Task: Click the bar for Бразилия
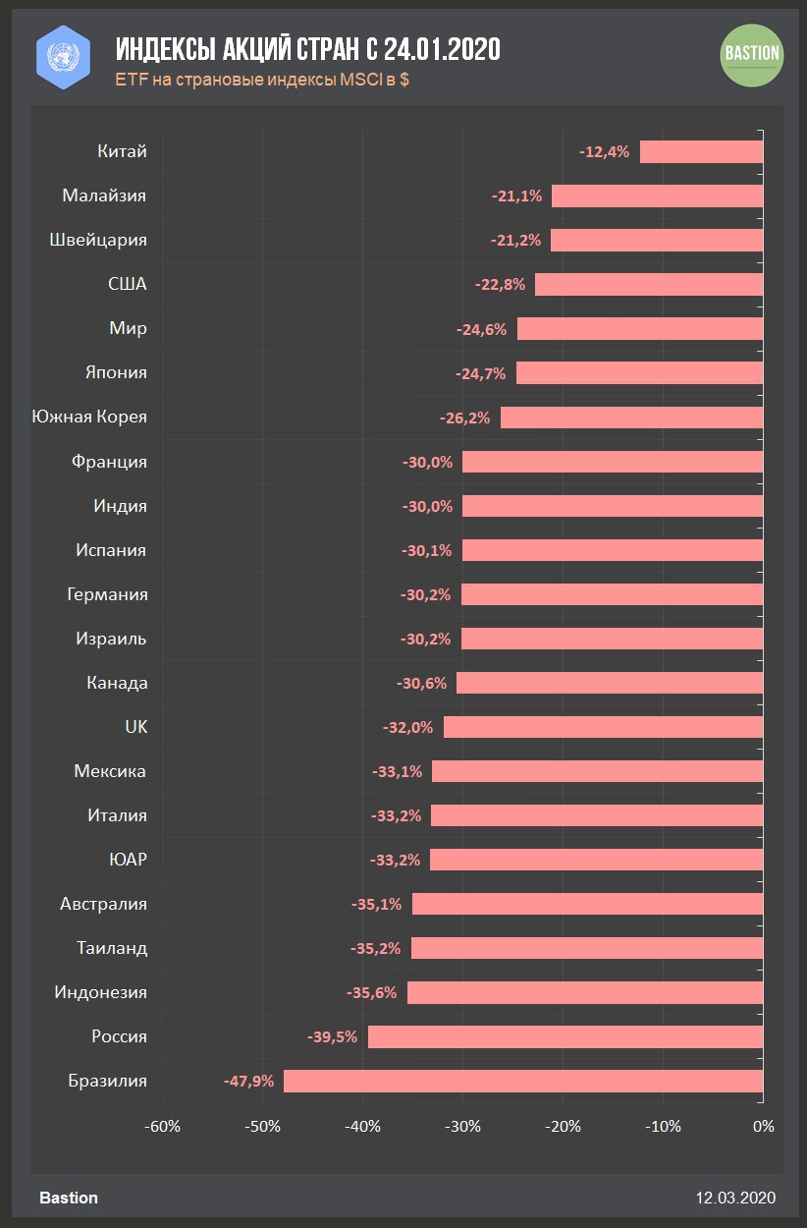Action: point(523,1081)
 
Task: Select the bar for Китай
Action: point(701,151)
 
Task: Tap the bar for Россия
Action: point(565,1036)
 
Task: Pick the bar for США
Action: point(649,285)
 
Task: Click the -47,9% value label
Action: point(248,1081)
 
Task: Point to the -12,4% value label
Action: point(604,151)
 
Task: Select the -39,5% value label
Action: point(333,1036)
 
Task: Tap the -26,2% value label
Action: point(464,418)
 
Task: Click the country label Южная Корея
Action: point(89,417)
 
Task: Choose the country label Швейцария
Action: point(97,240)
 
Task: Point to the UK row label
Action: point(135,727)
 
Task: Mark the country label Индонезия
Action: point(100,992)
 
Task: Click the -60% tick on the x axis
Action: point(162,1126)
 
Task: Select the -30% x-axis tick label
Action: point(462,1126)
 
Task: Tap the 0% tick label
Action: point(763,1126)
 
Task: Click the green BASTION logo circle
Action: point(752,54)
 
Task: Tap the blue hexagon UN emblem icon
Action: point(63,56)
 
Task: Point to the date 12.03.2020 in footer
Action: point(735,1198)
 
